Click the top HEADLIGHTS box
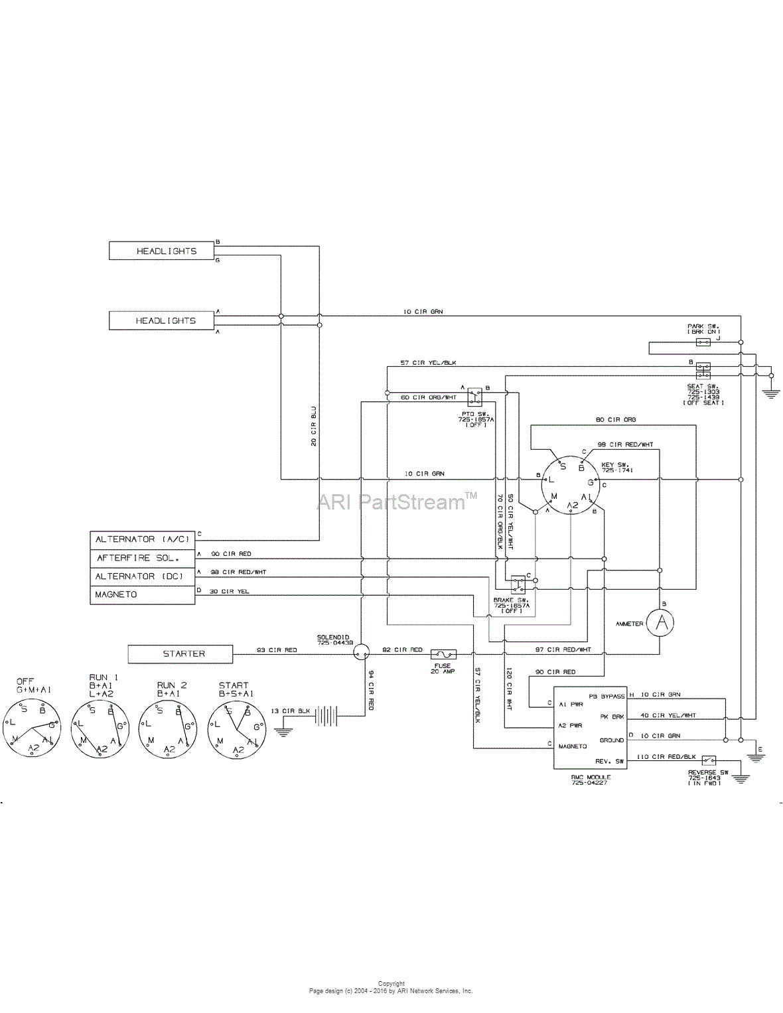pyautogui.click(x=162, y=251)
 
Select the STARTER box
pyautogui.click(x=180, y=653)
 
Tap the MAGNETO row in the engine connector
pyautogui.click(x=143, y=594)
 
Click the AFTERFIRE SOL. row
pyautogui.click(x=143, y=558)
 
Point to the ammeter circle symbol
pyautogui.click(x=660, y=622)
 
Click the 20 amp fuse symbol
pyautogui.click(x=443, y=654)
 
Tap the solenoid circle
pyautogui.click(x=360, y=653)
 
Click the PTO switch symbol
pyautogui.click(x=474, y=397)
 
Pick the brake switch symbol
pyautogui.click(x=518, y=584)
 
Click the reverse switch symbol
pyautogui.click(x=709, y=760)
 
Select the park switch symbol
pyautogui.click(x=703, y=342)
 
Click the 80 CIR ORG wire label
pyautogui.click(x=616, y=420)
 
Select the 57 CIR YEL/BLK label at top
pyautogui.click(x=428, y=363)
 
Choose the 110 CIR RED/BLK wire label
pyautogui.click(x=666, y=756)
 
